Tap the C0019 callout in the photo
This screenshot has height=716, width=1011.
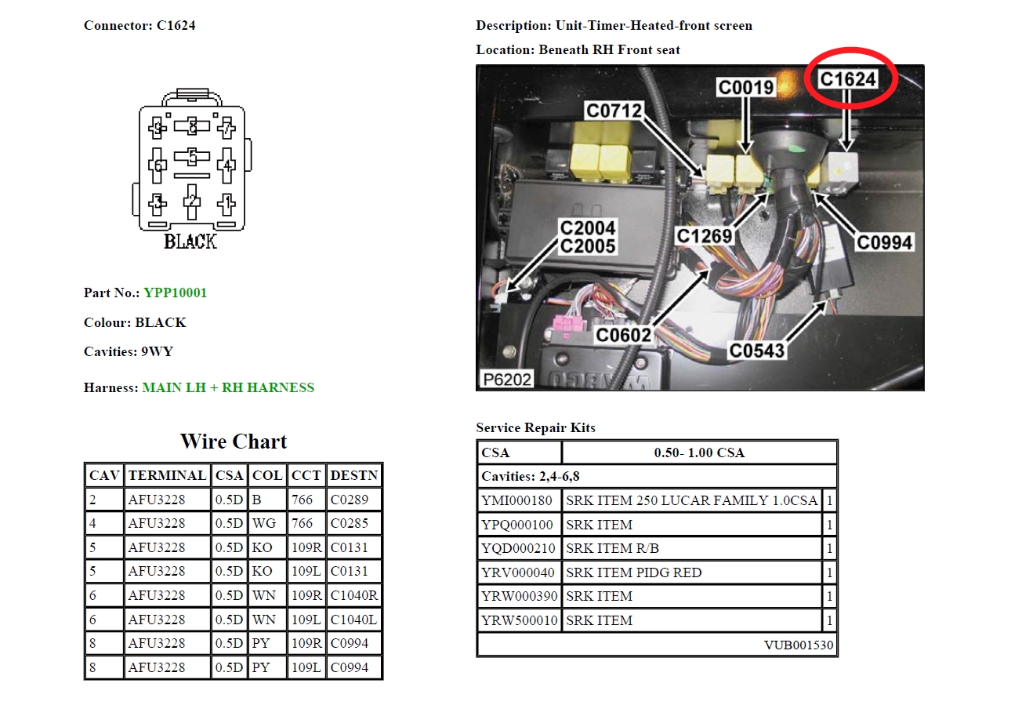click(745, 88)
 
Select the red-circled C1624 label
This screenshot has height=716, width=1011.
click(847, 78)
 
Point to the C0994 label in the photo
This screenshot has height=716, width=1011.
click(884, 242)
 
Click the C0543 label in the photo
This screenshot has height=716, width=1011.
click(756, 351)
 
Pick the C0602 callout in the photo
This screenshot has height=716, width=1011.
click(623, 335)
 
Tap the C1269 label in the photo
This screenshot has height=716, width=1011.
click(705, 236)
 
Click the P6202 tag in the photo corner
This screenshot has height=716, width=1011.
click(506, 380)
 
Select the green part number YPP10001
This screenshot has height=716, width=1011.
click(175, 293)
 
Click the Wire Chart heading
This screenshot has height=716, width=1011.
click(234, 442)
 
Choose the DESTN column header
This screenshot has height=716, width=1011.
click(354, 475)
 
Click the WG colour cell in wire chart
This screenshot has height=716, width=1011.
click(263, 523)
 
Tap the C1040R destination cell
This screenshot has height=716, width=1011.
click(354, 595)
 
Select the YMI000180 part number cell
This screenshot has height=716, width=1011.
click(516, 500)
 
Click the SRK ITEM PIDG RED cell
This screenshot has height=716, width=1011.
click(634, 572)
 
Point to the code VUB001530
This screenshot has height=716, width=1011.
click(799, 645)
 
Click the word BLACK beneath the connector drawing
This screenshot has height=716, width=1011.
click(190, 242)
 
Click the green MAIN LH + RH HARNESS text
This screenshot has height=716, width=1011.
click(228, 387)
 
